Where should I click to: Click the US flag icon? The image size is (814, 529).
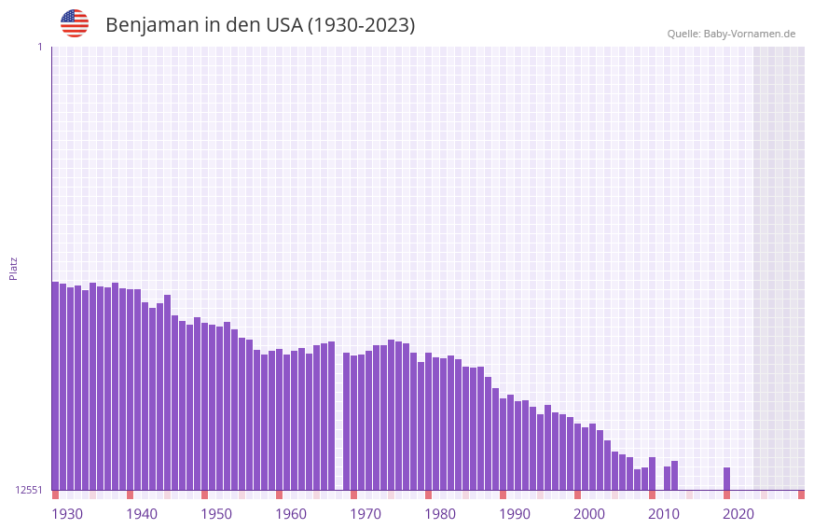[75, 23]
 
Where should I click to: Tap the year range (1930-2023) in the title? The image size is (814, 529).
[361, 25]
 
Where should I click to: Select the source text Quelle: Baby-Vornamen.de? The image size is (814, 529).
[731, 34]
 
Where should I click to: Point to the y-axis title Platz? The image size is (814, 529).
[13, 268]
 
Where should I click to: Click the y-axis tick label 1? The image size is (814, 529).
[39, 47]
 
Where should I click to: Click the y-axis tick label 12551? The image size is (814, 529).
[29, 490]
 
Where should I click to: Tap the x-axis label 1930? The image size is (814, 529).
[67, 514]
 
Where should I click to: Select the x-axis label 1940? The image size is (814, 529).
[142, 514]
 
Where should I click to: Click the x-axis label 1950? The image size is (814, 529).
[216, 514]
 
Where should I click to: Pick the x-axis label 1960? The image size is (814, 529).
[291, 514]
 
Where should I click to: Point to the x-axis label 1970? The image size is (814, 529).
[366, 514]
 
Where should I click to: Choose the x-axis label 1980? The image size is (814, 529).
[440, 514]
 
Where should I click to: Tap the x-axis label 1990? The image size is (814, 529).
[515, 514]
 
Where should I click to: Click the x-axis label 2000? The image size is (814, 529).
[589, 514]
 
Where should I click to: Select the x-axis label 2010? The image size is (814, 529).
[664, 514]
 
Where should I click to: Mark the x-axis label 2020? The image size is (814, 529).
[738, 514]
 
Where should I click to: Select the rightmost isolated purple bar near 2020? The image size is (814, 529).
[726, 479]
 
